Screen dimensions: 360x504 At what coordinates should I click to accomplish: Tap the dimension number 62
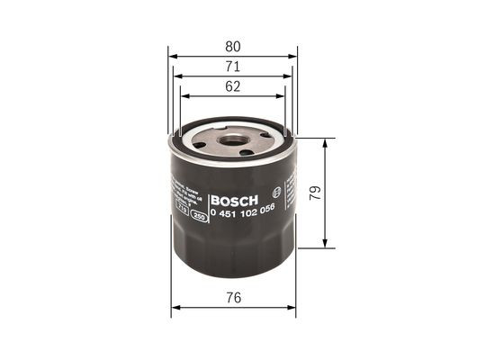point(233,87)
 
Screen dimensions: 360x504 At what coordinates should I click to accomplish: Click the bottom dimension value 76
point(233,297)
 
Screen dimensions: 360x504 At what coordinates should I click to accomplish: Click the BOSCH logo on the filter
point(233,199)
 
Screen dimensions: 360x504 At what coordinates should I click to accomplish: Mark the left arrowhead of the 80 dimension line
point(173,55)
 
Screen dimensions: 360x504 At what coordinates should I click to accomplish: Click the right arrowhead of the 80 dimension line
point(293,55)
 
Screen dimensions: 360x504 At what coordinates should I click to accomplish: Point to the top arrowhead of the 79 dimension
point(326,141)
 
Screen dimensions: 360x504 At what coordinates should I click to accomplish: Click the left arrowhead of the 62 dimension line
point(184,96)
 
